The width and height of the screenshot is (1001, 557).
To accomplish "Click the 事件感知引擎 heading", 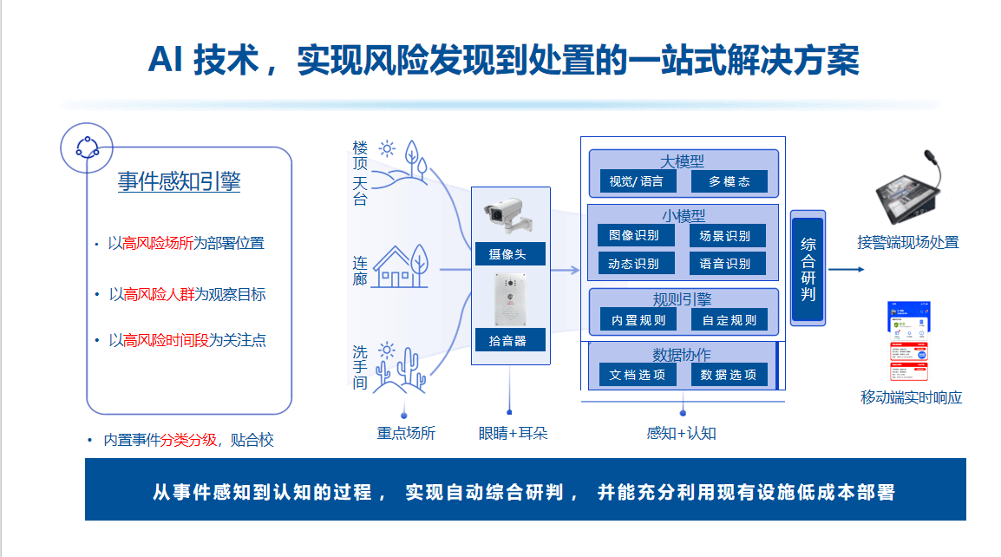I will click(x=179, y=181).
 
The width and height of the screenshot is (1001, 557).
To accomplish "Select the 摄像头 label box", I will click(x=510, y=253).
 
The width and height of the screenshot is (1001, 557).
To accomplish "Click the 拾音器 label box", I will click(x=510, y=340).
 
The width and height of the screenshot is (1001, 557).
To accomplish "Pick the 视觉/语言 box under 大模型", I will click(x=636, y=181).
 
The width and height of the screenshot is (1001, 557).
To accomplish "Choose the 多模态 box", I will click(x=729, y=181).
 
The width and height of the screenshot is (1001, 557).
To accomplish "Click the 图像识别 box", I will click(x=636, y=235).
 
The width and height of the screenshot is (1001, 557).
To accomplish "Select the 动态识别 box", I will click(x=636, y=263).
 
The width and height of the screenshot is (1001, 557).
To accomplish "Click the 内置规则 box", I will click(x=638, y=320).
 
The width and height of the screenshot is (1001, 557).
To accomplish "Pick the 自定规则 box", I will click(x=729, y=320).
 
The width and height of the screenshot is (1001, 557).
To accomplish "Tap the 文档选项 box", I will click(x=638, y=374).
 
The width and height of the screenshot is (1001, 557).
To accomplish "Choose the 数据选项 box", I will click(x=729, y=374).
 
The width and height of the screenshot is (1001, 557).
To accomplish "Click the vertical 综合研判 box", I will click(x=808, y=269).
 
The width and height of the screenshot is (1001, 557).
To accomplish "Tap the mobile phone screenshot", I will click(x=908, y=341).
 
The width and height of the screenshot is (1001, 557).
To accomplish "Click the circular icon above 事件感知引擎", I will click(x=87, y=147).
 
